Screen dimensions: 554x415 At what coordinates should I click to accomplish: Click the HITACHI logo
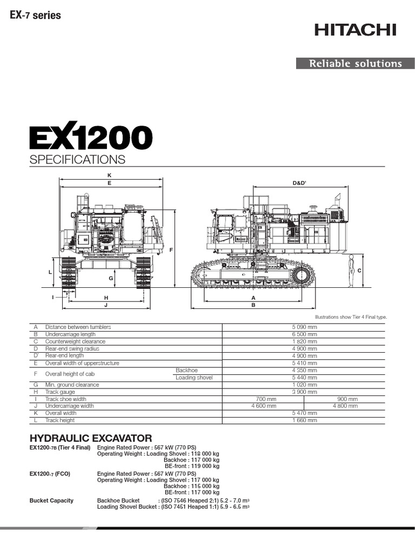(356, 29)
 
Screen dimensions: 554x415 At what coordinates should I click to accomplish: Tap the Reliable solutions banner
(355, 63)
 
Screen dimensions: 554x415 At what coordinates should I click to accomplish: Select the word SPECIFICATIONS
(77, 160)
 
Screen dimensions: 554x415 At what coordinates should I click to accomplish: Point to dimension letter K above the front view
(109, 175)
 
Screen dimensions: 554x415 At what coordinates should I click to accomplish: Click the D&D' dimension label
(299, 183)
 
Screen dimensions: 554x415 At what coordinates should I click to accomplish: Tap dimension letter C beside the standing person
(359, 270)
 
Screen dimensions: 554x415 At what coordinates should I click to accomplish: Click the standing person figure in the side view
(351, 271)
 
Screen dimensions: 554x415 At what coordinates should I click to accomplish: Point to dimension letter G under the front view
(110, 278)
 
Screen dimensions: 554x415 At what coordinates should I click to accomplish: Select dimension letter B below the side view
(253, 305)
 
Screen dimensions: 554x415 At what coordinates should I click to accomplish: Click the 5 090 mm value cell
(304, 327)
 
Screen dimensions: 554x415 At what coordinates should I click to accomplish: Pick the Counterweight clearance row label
(75, 341)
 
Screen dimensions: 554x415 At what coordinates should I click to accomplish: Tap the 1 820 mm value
(304, 341)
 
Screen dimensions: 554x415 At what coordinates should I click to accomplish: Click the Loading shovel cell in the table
(194, 377)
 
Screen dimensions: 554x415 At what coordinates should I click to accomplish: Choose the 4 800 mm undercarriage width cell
(345, 406)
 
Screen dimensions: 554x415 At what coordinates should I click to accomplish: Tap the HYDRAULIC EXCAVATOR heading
(91, 438)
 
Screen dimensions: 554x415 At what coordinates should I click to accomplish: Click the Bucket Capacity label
(51, 500)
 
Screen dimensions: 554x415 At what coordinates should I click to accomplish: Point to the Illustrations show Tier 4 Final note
(351, 318)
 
